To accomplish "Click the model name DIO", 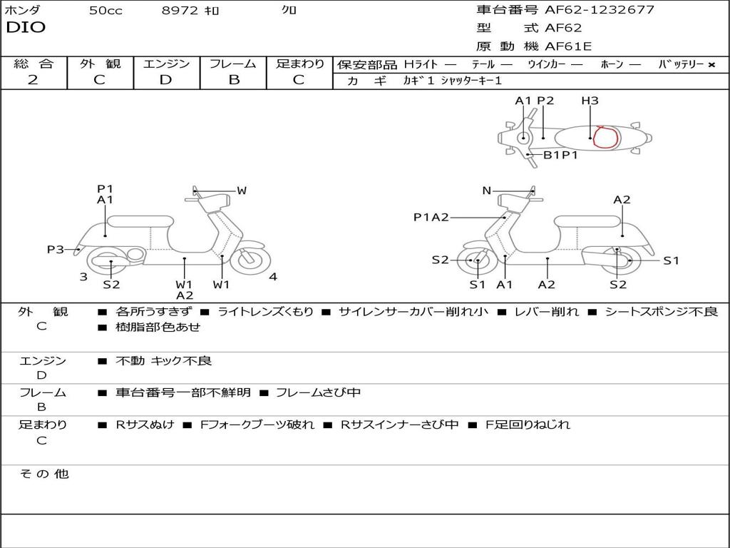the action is [x=26, y=28].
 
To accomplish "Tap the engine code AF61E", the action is [x=568, y=47].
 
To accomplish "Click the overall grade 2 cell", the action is [x=34, y=80].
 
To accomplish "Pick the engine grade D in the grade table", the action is [x=166, y=80].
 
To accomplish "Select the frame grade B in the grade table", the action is [x=233, y=80].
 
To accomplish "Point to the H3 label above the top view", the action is [x=590, y=101].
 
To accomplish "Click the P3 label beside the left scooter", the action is [x=56, y=249].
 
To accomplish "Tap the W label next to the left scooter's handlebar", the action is [x=242, y=191].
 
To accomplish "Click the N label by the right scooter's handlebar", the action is [x=487, y=191].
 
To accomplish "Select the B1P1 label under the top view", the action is [x=560, y=154].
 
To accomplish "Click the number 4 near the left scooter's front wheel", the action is [x=273, y=277].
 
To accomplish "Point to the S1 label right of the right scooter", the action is [x=671, y=260].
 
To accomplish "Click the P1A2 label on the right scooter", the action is [x=431, y=218].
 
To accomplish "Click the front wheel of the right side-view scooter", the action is [x=477, y=261].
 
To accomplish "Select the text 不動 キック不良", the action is [x=163, y=361].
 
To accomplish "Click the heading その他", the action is [x=44, y=474].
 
